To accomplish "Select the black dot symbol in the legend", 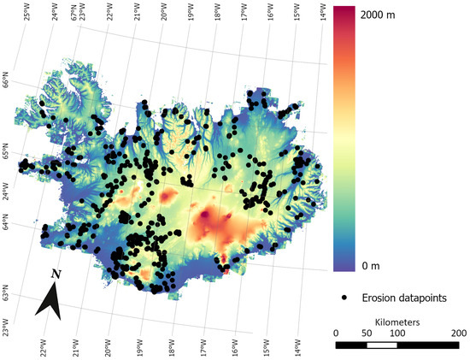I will [345, 298].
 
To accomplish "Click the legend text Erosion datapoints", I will [403, 298].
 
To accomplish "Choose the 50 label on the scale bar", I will [367, 333].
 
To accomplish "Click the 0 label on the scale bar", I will [336, 333].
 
